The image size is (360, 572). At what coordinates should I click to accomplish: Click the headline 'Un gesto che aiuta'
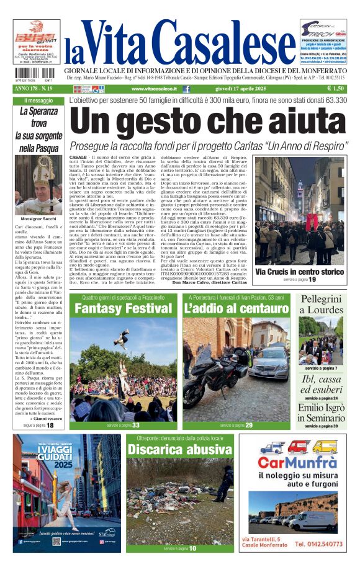tap(211, 122)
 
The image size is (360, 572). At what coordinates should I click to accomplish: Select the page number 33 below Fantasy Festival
tap(136, 426)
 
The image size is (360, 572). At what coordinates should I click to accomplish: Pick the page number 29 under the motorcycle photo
tap(248, 426)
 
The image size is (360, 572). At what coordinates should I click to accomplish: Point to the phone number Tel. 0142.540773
tap(317, 544)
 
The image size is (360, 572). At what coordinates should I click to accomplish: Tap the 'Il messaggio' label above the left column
tap(38, 101)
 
